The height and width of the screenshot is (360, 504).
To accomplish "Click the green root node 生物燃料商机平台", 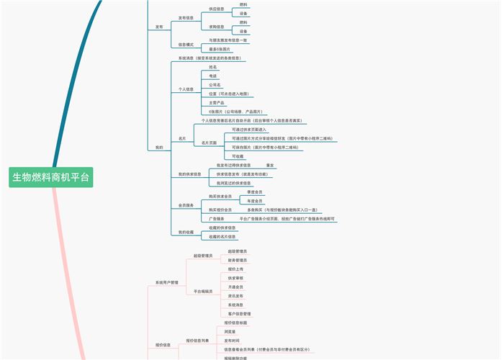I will coord(51,177).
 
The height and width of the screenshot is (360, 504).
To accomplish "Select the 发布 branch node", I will coord(159,27).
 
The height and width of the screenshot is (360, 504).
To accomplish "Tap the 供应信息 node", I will coord(216,9).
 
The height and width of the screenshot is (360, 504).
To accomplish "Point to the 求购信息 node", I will coord(216,27).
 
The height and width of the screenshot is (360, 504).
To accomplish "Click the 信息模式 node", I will coord(186,45).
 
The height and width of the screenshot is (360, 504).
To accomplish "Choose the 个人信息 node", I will coord(186,89).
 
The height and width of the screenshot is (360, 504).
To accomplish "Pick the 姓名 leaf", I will coord(213,67).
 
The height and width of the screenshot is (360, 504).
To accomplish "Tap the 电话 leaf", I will coord(213,76).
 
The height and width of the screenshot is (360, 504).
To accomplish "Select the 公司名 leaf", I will coord(215,85).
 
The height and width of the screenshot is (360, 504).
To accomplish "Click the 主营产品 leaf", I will coord(217,103).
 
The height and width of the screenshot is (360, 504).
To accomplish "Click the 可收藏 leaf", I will coord(238,156).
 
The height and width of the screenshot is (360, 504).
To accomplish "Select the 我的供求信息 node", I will coord(190,174).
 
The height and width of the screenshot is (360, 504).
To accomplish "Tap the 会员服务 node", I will coord(186,205).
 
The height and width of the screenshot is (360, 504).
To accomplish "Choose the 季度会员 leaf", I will coord(255,192).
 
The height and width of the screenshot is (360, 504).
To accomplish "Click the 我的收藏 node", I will coord(186,232).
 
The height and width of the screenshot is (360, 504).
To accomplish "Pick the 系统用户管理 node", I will coord(167,283).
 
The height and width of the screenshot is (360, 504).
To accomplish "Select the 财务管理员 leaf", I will coord(238,260).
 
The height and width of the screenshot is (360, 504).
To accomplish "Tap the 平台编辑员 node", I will coord(203,292).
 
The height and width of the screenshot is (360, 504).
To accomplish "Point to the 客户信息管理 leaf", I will coord(240,314).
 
